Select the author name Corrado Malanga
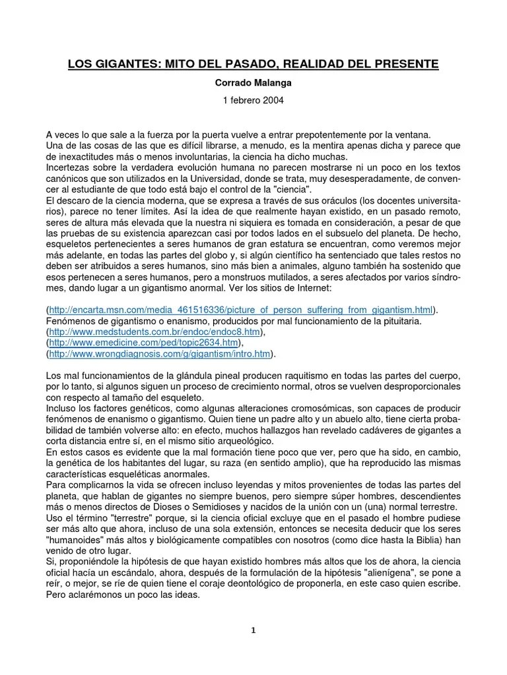click(x=253, y=85)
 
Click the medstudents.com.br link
click(x=154, y=332)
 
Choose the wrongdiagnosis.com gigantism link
click(x=160, y=354)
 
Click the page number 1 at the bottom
click(x=253, y=630)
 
